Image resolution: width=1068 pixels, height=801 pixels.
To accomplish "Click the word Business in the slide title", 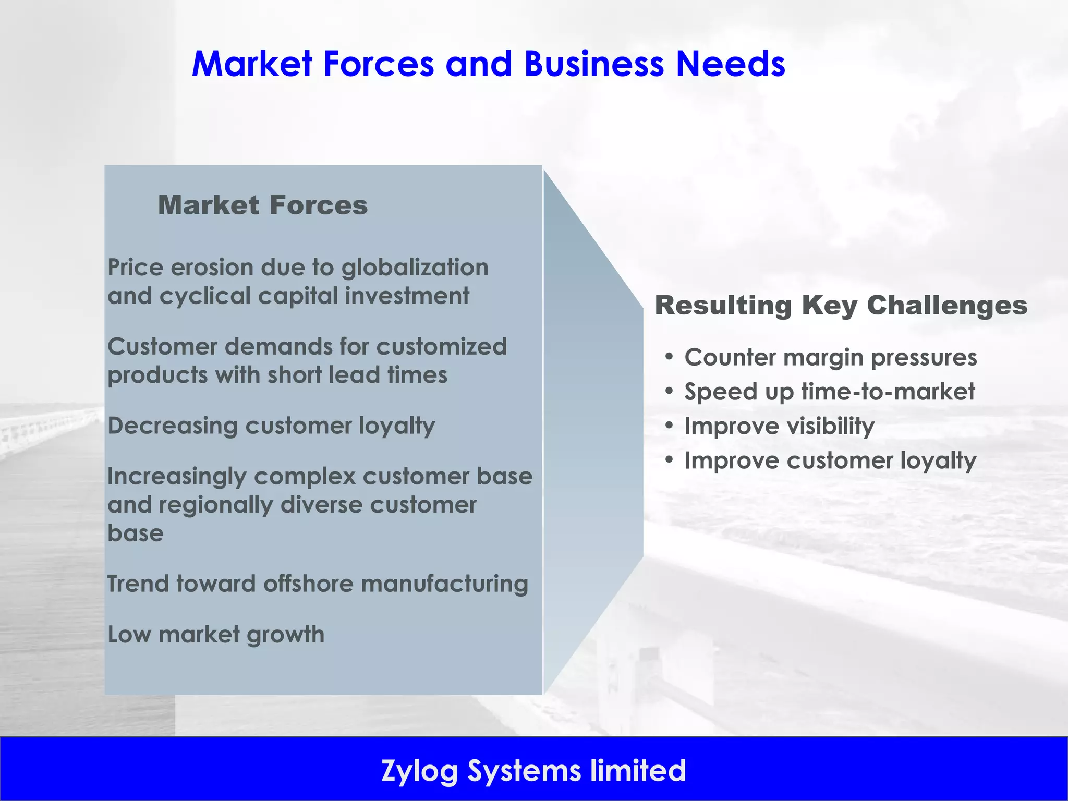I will click(x=593, y=64).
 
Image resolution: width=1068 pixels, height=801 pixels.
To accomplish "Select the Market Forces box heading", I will click(x=263, y=205).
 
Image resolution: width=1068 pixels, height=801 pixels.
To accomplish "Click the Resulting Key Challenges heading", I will click(x=841, y=305).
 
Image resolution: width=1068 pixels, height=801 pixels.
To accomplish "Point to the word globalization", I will click(x=415, y=268).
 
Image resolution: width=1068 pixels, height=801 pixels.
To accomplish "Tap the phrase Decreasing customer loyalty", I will click(x=271, y=426).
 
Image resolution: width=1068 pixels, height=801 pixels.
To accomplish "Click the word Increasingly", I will click(x=175, y=477).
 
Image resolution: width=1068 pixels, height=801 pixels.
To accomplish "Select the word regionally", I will click(x=215, y=505).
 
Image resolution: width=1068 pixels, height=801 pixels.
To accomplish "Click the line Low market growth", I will click(x=216, y=635).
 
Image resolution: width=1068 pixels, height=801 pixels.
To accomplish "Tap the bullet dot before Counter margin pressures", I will click(x=669, y=357).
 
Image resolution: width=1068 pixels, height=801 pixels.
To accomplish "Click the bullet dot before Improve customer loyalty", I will click(x=669, y=460).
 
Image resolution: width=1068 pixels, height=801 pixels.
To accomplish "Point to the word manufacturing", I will click(x=444, y=584).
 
